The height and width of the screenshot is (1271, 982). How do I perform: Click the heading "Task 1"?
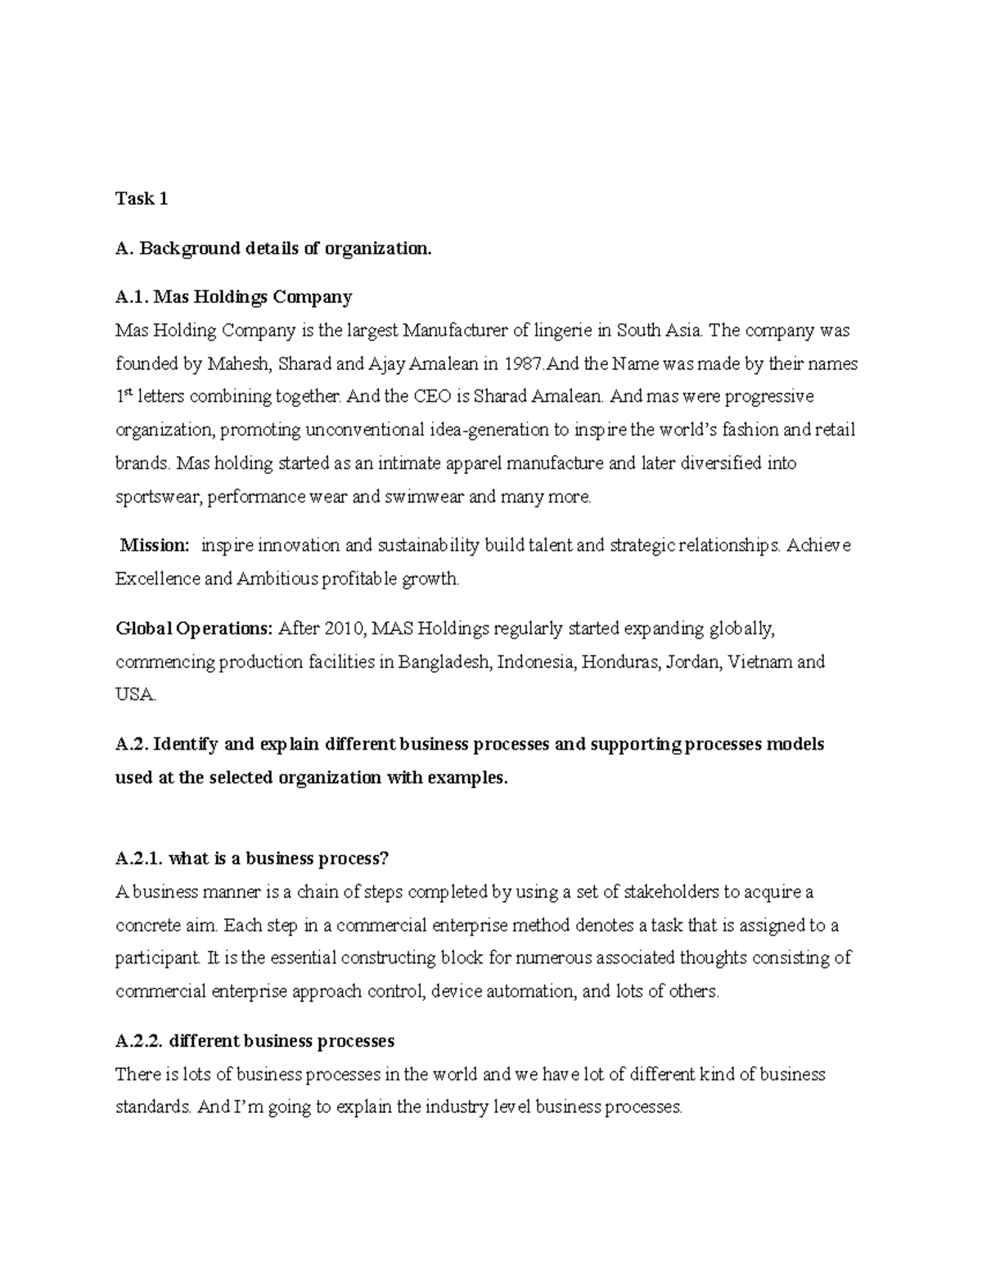point(142,199)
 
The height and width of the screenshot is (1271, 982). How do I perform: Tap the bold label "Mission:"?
point(155,546)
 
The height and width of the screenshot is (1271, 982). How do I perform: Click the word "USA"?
point(133,695)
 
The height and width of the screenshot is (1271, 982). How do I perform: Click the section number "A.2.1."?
point(140,859)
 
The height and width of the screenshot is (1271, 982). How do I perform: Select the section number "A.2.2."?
point(140,1041)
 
